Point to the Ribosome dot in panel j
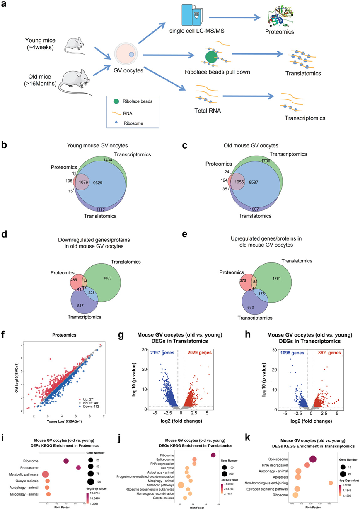click(213, 455)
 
